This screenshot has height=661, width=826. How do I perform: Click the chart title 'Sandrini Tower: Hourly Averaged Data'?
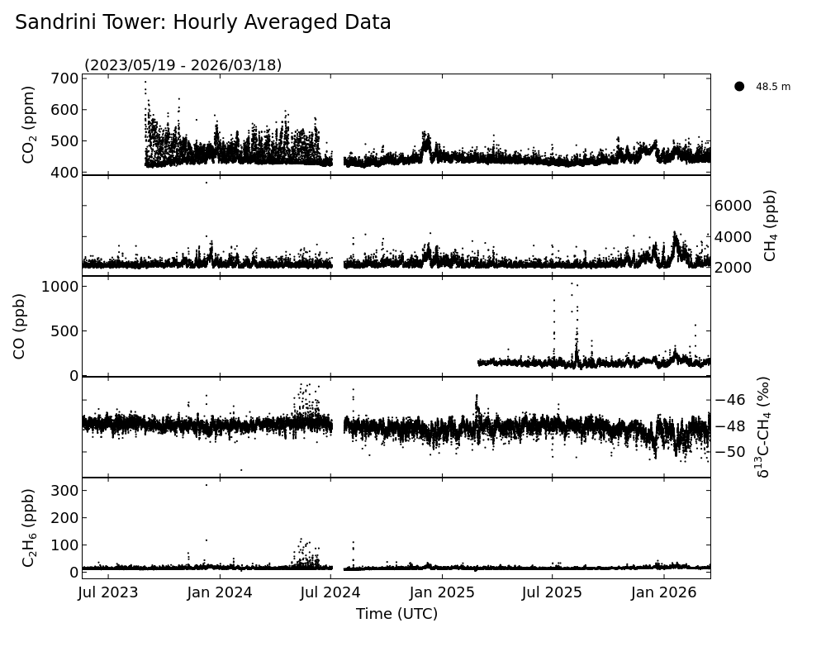(203, 23)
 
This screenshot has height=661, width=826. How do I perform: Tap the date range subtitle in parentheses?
(183, 65)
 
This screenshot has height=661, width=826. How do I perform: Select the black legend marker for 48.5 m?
(739, 86)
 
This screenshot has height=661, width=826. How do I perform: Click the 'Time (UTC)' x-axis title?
(396, 614)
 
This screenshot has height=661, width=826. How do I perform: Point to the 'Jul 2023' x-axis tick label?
(108, 592)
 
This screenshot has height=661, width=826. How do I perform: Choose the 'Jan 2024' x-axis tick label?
(220, 592)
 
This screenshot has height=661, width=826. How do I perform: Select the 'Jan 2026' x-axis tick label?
(665, 592)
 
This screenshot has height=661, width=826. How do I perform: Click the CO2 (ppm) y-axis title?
(29, 124)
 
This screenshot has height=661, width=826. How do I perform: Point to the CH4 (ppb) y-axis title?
(770, 225)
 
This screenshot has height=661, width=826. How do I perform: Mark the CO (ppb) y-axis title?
(19, 326)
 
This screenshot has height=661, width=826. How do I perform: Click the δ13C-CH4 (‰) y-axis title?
(764, 426)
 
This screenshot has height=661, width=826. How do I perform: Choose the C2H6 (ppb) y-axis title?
(29, 527)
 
